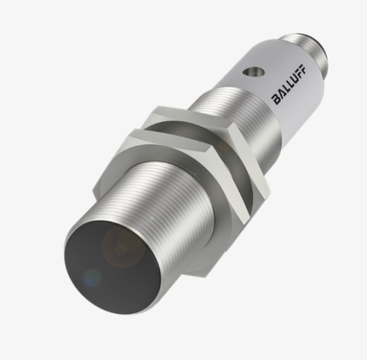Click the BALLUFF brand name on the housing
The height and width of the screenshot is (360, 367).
tap(289, 84)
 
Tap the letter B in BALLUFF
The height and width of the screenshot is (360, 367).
tap(277, 99)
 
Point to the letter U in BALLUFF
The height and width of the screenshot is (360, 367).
tap(293, 79)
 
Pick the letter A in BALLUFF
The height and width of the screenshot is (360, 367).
tap(281, 94)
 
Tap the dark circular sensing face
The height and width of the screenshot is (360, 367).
tap(113, 268)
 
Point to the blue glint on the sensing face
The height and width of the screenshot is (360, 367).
tap(92, 277)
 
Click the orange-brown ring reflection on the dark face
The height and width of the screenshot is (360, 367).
tap(123, 247)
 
